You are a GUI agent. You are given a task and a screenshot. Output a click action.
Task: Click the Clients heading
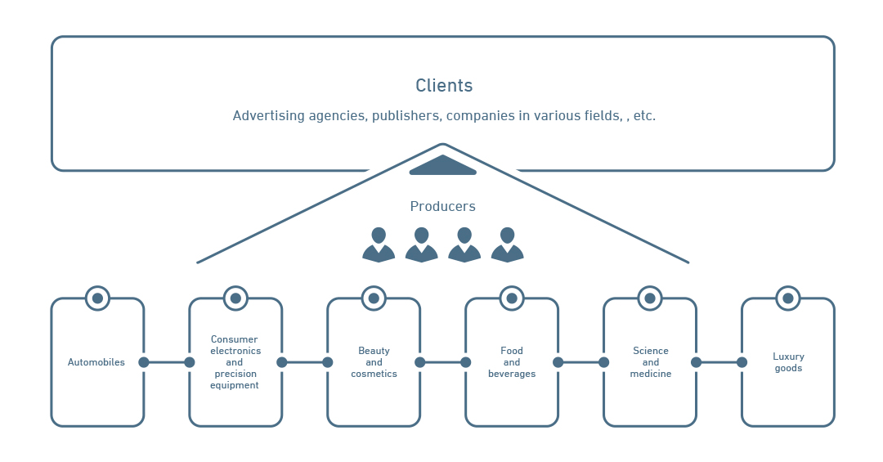[x=444, y=86]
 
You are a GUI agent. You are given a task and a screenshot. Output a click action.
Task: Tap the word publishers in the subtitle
[x=406, y=116]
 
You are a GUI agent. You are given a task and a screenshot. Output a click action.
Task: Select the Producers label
[x=442, y=207]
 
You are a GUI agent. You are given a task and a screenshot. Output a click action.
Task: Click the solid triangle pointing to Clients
[x=442, y=165]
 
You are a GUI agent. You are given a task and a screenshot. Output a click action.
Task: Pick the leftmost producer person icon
[x=379, y=245]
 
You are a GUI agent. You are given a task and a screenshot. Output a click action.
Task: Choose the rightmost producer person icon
[x=507, y=245]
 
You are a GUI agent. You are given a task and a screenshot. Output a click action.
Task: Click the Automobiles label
[x=96, y=362]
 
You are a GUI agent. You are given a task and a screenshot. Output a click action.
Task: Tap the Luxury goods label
[x=788, y=362]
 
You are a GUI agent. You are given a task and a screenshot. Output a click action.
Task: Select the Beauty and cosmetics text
[x=374, y=362]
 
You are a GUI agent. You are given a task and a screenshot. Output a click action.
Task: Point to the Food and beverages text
[x=512, y=362]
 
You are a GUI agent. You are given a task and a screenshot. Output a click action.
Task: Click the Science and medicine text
[x=650, y=362]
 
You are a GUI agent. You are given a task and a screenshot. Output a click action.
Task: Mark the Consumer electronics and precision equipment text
[x=235, y=362]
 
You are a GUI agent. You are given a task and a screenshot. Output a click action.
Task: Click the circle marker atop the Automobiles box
[x=97, y=298]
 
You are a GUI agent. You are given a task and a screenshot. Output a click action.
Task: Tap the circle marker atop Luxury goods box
[x=788, y=298]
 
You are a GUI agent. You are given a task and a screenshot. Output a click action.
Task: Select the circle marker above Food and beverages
[x=512, y=298]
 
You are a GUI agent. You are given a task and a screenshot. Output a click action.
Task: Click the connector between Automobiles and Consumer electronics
[x=167, y=362]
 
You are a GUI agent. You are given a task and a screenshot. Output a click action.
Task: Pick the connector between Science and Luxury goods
[x=719, y=362]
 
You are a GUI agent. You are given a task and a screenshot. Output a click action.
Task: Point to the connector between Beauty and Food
[x=442, y=362]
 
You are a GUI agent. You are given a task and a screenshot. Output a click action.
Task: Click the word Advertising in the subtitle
[x=268, y=116]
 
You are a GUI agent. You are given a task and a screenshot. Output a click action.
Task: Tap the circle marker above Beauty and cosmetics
[x=374, y=298]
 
